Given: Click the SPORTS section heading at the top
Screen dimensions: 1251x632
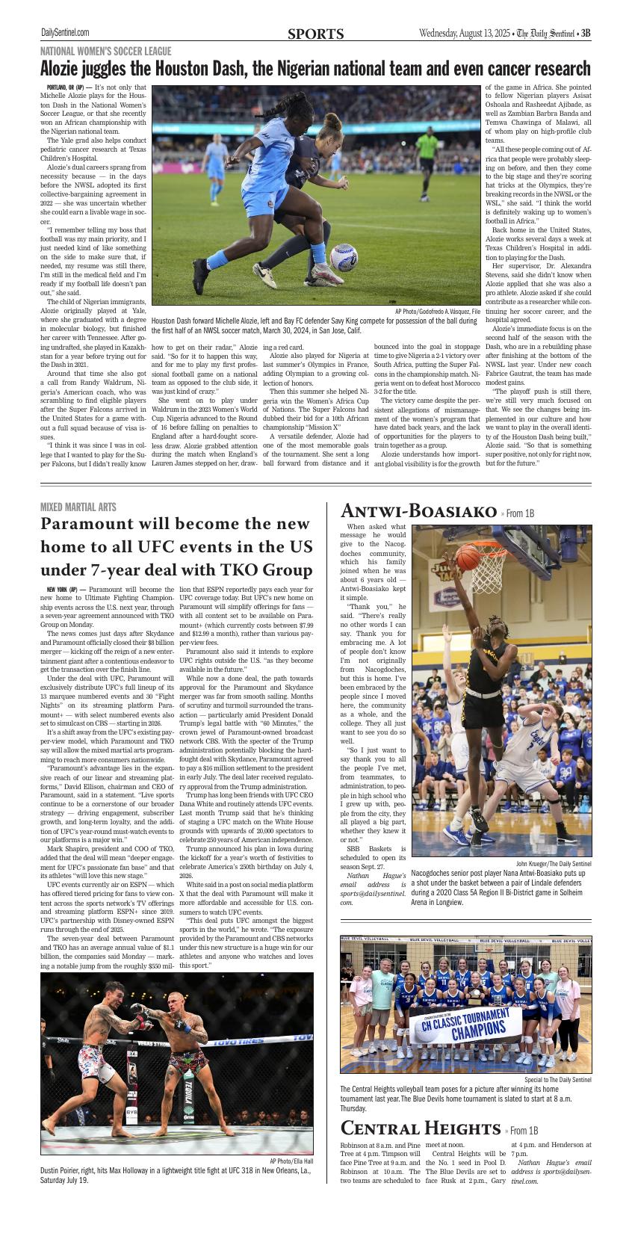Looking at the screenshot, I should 315,34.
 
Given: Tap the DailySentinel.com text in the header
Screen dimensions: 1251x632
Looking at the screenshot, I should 65,33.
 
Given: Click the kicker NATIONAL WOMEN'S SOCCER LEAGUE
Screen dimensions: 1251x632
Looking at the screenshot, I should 105,52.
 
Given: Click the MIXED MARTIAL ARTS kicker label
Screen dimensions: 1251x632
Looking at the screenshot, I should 78,507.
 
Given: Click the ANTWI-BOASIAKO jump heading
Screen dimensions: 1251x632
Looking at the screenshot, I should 418,512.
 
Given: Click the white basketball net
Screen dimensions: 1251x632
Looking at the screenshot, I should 493,572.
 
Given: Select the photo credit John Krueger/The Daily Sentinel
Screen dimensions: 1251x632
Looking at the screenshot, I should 553,863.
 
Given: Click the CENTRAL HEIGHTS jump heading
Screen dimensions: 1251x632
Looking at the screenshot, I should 420,1128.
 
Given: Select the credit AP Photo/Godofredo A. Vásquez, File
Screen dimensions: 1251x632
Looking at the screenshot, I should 438,311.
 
